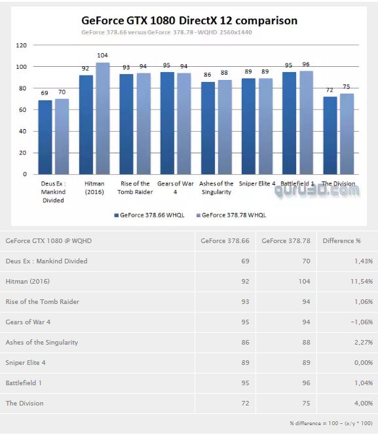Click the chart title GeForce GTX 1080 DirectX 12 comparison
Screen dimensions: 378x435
(189, 20)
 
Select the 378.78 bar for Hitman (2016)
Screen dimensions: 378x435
(103, 119)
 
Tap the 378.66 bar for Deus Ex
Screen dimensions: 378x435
(45, 138)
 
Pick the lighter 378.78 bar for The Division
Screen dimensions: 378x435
(347, 134)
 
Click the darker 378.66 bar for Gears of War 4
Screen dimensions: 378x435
(167, 123)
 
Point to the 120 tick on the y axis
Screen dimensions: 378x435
(22, 45)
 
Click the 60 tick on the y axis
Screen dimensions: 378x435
(23, 110)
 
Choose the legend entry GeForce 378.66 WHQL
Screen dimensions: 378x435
(149, 215)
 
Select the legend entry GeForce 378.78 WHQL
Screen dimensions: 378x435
(231, 215)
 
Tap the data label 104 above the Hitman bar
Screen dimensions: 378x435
(102, 55)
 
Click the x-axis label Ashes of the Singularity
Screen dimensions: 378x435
(216, 188)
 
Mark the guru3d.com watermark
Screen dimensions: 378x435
(316, 190)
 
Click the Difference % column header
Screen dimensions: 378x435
(342, 241)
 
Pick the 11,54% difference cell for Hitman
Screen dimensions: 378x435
(362, 281)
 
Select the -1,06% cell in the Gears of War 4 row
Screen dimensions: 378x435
(362, 322)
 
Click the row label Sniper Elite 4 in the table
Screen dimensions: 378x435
(26, 362)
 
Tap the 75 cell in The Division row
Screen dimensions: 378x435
(306, 403)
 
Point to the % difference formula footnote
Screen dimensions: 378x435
(331, 423)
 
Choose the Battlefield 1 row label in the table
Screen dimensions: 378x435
(24, 383)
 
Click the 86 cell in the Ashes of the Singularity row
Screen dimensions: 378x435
(245, 343)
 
